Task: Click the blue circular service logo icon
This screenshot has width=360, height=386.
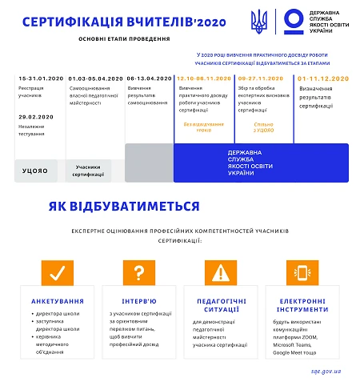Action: tap(292, 19)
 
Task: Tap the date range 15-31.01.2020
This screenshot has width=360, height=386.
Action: tap(38, 78)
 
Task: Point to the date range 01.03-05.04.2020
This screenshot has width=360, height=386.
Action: tap(95, 78)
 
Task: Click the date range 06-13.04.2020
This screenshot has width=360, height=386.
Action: tap(149, 78)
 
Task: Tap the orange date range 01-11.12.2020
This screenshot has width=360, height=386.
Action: tap(323, 78)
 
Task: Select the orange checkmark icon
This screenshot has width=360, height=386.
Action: tap(56, 273)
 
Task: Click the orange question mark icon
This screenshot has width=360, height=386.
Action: tap(138, 273)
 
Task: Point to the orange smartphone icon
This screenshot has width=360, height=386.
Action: tap(302, 273)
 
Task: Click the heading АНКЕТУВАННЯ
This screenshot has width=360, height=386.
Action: tap(57, 301)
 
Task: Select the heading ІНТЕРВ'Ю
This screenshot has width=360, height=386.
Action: tap(139, 301)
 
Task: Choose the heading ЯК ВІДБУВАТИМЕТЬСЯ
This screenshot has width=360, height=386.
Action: tap(123, 207)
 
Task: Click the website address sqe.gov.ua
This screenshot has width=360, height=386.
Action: tap(326, 372)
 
